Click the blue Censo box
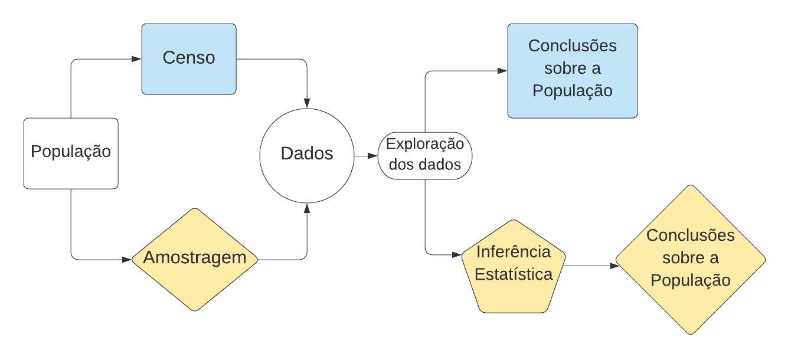(189, 59)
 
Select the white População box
(71, 153)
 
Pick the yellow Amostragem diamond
(195, 259)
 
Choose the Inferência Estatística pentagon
(514, 266)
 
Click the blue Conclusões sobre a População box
(573, 71)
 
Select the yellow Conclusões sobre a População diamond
(691, 260)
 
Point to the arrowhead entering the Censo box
(136, 59)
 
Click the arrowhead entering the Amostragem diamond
(126, 259)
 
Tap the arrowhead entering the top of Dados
(307, 104)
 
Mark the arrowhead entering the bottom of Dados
(307, 208)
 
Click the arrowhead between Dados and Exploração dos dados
(372, 156)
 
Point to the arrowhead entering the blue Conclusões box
(502, 71)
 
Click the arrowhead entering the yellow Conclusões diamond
(615, 266)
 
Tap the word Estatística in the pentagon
(514, 274)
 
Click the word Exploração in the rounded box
(425, 144)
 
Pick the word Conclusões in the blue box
(573, 46)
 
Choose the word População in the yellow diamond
(691, 280)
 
